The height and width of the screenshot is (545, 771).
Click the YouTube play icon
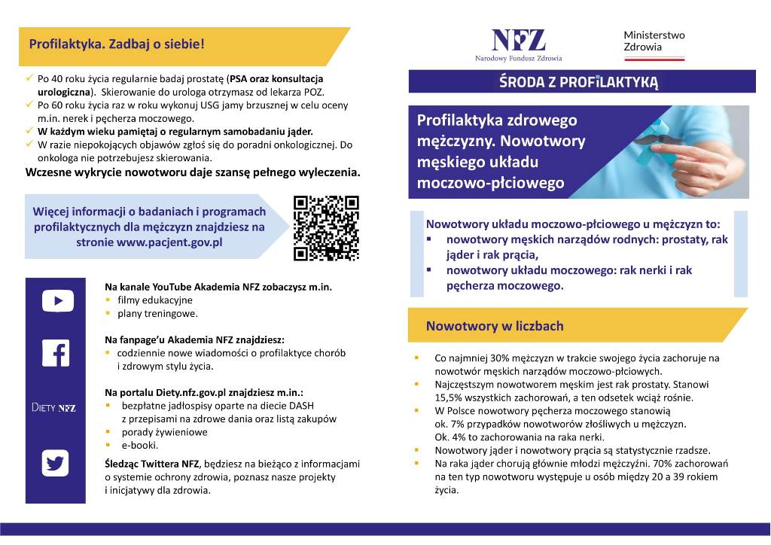(x=57, y=301)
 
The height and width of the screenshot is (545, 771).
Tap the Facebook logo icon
(x=56, y=354)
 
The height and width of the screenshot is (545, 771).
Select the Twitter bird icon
(x=56, y=462)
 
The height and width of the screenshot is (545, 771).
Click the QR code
(x=326, y=228)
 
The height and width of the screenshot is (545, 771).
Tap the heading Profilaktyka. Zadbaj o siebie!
(x=117, y=44)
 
